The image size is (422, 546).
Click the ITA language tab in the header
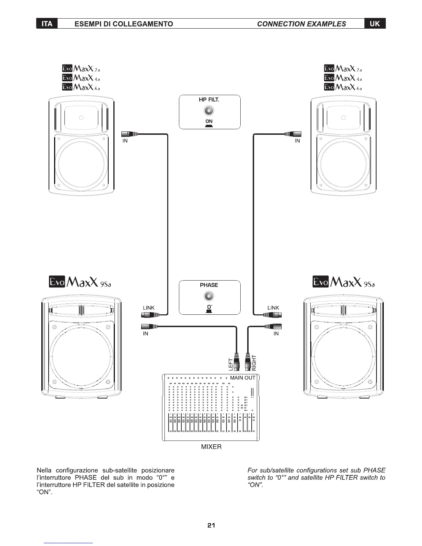(x=47, y=24)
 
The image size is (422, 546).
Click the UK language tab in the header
(x=375, y=23)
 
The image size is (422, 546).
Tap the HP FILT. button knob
(x=209, y=111)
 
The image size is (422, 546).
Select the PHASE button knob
(x=209, y=296)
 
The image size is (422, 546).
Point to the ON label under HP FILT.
(x=209, y=121)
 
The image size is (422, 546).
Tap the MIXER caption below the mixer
(x=211, y=447)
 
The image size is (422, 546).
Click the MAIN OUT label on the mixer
(x=243, y=378)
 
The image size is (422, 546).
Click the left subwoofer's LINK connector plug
(x=150, y=314)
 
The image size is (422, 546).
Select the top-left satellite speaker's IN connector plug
(x=129, y=134)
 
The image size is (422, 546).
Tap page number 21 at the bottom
(x=211, y=526)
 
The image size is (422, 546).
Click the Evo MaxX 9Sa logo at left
(x=80, y=282)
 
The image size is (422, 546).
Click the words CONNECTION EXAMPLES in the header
(x=301, y=24)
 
